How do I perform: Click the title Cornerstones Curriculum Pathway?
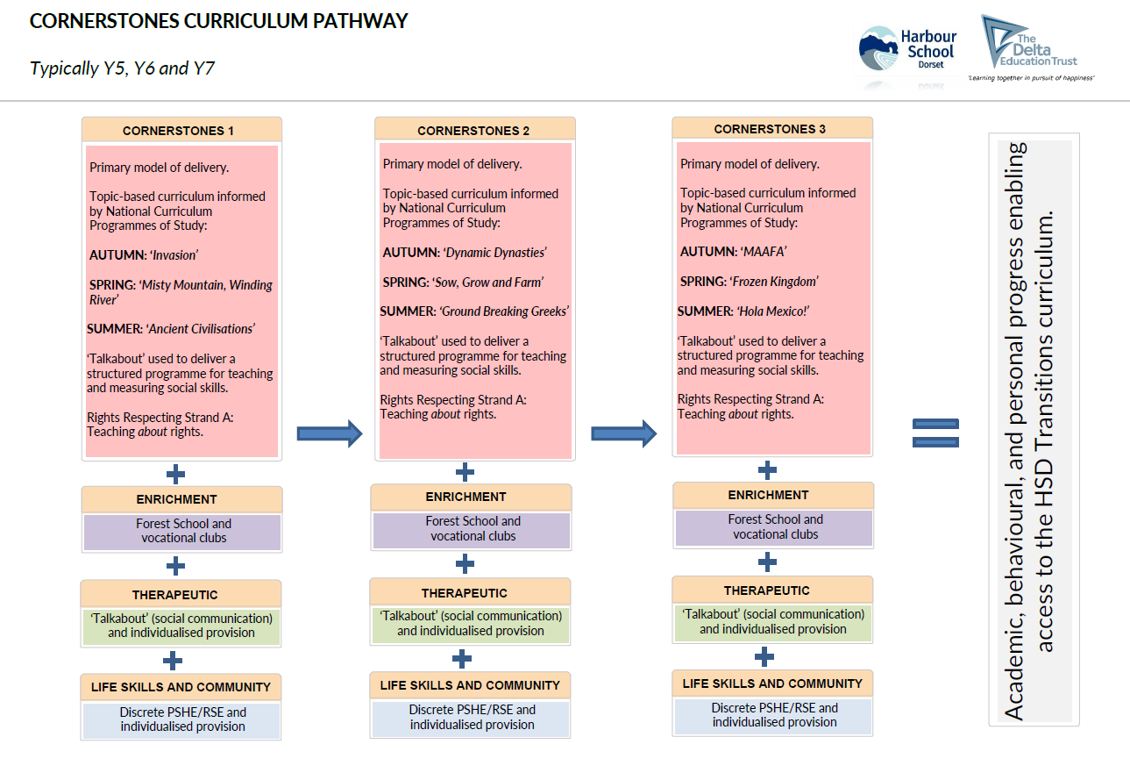[218, 21]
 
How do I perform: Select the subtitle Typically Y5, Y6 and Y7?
[122, 68]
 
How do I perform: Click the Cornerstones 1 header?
[181, 131]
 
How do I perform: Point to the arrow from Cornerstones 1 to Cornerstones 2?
[329, 433]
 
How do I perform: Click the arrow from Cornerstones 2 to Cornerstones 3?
[623, 433]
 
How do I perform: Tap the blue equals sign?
[935, 433]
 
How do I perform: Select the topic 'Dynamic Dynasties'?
[494, 253]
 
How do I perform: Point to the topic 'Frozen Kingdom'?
[778, 282]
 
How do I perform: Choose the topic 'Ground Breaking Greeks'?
[504, 311]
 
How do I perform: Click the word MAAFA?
[764, 252]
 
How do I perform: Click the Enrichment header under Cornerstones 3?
[768, 495]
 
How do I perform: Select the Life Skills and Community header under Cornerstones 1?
[181, 687]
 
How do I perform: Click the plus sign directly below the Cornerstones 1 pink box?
[176, 475]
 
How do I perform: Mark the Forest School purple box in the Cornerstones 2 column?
[473, 528]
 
